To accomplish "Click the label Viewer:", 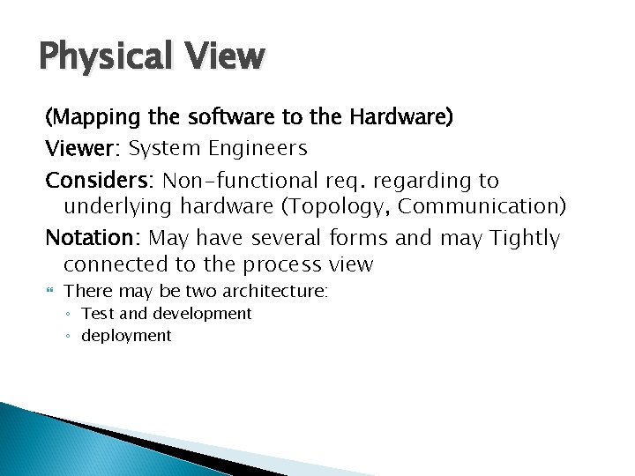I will pos(84,147).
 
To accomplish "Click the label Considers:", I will pos(100,181).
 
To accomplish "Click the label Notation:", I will pos(93,238).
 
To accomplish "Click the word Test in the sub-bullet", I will pos(97,314).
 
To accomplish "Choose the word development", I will pos(202,314).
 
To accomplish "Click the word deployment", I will pos(126,336).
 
